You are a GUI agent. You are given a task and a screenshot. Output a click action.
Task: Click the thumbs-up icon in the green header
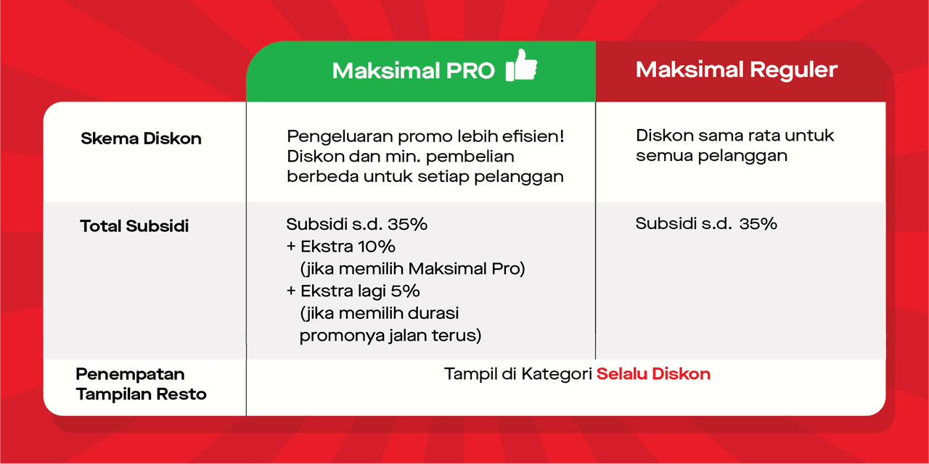521,65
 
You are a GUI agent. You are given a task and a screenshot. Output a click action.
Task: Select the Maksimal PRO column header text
414,71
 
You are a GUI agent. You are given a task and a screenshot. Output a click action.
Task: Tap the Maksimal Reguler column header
737,70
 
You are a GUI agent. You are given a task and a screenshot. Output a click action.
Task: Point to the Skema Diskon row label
141,138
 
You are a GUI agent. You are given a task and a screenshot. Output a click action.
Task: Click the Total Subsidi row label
134,225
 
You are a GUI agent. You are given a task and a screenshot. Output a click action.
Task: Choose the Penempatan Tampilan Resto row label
141,384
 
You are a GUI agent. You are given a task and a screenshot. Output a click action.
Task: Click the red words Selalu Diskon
653,373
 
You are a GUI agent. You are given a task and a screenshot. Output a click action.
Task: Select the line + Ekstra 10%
340,246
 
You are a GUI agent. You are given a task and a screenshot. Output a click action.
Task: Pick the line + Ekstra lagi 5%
353,291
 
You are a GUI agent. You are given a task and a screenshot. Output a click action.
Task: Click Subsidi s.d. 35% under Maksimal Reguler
706,224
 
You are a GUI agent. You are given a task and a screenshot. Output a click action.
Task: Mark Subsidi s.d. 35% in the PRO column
356,224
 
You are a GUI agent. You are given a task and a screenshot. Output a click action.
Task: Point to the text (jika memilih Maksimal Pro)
413,269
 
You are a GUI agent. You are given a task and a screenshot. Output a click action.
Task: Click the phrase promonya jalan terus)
390,336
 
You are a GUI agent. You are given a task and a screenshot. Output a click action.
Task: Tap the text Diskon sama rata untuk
735,136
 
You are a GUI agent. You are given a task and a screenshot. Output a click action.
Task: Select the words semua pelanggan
712,156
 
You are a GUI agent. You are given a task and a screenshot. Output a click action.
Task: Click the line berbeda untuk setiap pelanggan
425,177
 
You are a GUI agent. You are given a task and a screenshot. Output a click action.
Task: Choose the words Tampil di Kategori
518,374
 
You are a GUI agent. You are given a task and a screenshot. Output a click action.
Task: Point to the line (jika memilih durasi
379,314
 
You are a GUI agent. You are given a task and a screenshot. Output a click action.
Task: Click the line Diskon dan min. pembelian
401,157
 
